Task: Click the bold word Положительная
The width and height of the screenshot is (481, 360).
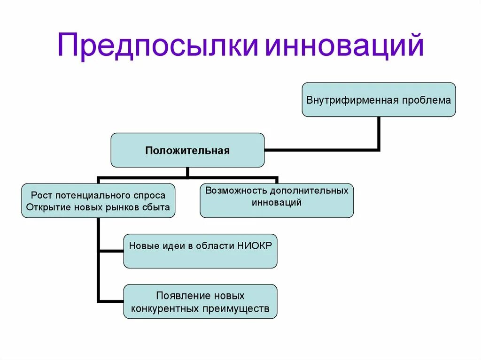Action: click(187, 151)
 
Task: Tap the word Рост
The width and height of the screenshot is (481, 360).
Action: click(41, 195)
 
